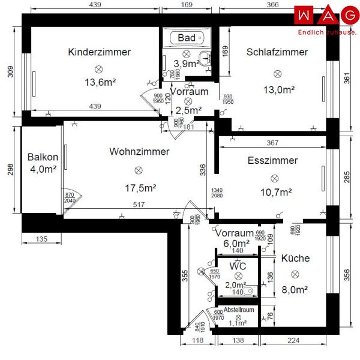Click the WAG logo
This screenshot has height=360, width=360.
click(326, 14)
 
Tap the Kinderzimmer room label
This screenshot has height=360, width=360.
click(99, 52)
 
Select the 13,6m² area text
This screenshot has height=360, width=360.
click(100, 83)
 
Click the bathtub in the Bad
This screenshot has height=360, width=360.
click(187, 38)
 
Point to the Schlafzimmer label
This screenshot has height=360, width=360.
click(277, 52)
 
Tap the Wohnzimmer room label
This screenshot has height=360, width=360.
click(139, 152)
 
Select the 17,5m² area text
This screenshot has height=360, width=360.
click(140, 188)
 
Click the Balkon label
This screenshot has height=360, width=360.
click(43, 157)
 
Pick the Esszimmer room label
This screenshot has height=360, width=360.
click(272, 161)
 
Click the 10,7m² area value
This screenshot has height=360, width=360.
click(276, 192)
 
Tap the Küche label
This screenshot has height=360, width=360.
click(295, 258)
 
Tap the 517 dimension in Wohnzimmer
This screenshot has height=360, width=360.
click(139, 205)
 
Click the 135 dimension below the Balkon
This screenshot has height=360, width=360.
click(41, 239)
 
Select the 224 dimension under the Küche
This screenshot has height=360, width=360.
click(293, 341)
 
